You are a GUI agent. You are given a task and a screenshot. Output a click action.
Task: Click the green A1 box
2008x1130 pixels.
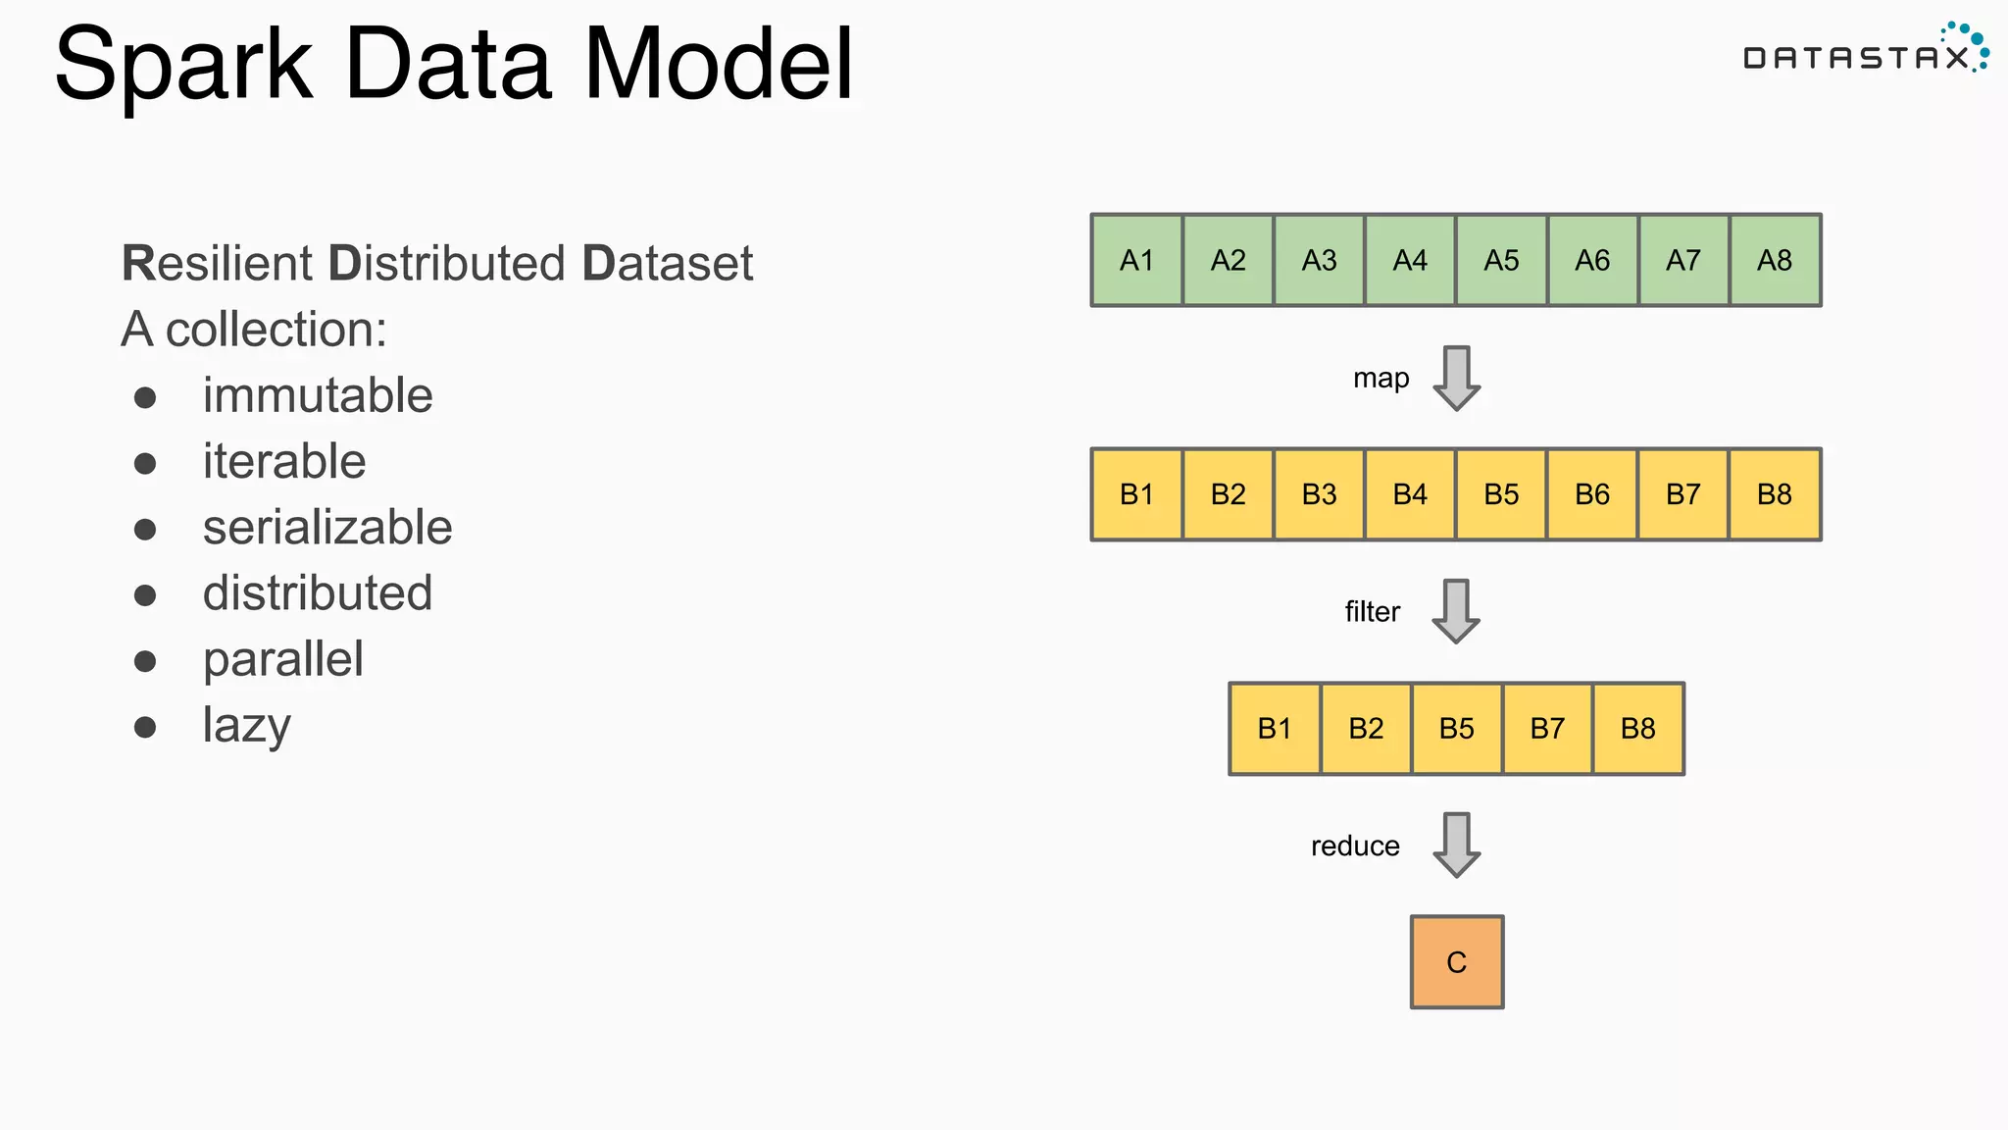tap(1136, 260)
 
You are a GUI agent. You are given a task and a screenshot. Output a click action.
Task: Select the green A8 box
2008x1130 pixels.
tap(1775, 260)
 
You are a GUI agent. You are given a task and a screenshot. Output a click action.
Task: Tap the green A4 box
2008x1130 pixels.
tap(1410, 260)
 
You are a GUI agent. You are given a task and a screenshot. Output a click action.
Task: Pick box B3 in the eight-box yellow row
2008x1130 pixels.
tap(1319, 494)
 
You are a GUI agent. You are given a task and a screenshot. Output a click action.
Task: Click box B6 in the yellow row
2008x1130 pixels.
tap(1592, 494)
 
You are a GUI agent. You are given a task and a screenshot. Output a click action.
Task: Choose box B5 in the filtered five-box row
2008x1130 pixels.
tap(1456, 729)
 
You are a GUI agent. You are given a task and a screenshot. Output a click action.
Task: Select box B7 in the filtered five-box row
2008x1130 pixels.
tap(1547, 729)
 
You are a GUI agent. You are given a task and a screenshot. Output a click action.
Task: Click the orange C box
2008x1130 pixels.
tap(1456, 962)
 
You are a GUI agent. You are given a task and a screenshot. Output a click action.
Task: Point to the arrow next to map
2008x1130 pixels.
tap(1456, 378)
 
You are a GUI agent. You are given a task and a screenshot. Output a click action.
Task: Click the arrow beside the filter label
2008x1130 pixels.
tap(1456, 611)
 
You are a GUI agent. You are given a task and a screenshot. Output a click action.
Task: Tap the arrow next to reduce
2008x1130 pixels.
tap(1456, 845)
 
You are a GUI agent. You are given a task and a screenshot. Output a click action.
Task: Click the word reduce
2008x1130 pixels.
tap(1355, 846)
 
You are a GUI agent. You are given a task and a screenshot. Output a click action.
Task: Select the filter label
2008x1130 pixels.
tap(1372, 612)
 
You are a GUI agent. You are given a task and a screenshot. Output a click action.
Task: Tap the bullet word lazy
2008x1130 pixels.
tap(246, 726)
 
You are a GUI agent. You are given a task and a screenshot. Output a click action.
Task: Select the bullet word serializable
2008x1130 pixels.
tap(327, 528)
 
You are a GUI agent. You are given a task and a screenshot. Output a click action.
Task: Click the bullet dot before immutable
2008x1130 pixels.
tap(145, 397)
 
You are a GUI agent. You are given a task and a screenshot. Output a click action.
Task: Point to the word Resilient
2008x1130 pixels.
tap(217, 263)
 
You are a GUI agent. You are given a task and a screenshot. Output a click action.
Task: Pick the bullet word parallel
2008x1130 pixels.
tap(282, 659)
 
